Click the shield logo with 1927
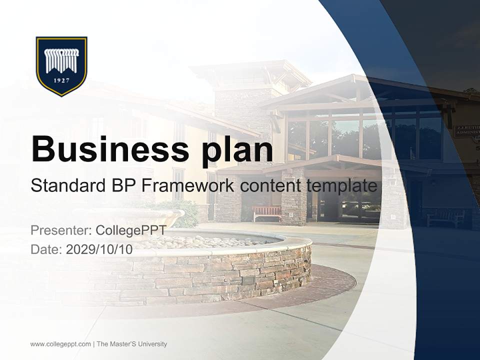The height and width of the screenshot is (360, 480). [x=61, y=65]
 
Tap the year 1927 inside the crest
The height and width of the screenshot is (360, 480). [x=61, y=81]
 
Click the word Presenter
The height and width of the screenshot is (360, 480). [x=60, y=230]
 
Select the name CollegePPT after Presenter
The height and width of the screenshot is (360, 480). [x=130, y=230]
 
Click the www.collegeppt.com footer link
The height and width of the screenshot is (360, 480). [x=60, y=344]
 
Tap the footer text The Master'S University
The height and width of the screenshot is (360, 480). [x=131, y=344]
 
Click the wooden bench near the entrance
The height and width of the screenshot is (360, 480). [x=267, y=213]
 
